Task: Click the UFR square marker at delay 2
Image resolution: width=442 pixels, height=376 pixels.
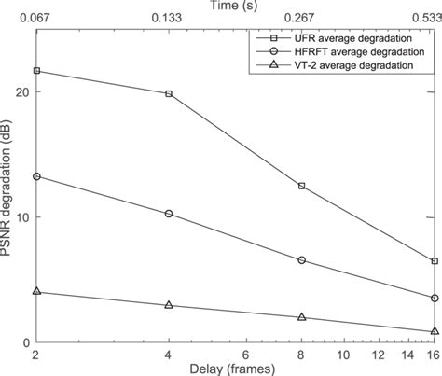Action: point(36,71)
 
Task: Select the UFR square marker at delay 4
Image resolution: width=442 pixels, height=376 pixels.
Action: point(169,93)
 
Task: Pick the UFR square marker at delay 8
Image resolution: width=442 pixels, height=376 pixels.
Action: point(301,187)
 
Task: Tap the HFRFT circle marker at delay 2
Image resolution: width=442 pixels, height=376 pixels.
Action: point(36,176)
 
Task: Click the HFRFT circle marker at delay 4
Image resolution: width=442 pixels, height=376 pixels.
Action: point(169,214)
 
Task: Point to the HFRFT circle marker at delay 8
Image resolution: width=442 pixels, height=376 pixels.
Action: point(301,260)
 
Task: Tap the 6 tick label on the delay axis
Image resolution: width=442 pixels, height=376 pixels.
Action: point(246,355)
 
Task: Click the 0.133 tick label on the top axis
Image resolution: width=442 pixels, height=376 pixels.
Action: point(169,18)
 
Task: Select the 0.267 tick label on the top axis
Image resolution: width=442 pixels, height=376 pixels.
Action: point(301,18)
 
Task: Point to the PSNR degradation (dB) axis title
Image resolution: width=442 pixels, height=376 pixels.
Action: point(7,187)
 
